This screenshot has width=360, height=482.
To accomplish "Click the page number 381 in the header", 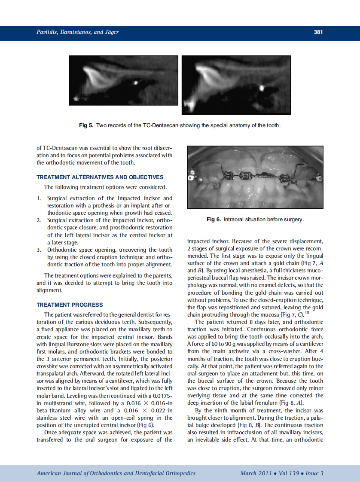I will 318,32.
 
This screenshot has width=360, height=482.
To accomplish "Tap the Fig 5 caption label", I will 86,125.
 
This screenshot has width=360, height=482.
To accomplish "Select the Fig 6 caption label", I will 214,220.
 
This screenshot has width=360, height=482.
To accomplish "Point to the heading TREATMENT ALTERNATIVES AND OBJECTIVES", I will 100,177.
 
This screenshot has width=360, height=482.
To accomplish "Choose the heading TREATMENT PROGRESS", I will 70,305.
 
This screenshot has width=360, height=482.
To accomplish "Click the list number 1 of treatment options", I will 39,198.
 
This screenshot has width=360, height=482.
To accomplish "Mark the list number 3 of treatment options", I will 39,250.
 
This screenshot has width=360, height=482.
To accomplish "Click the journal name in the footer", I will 116,473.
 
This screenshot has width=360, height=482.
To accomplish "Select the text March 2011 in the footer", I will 256,473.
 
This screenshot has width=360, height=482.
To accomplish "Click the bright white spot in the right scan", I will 262,88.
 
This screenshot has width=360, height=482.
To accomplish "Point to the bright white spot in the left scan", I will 136,82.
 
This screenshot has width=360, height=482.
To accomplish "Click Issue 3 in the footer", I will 314,473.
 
